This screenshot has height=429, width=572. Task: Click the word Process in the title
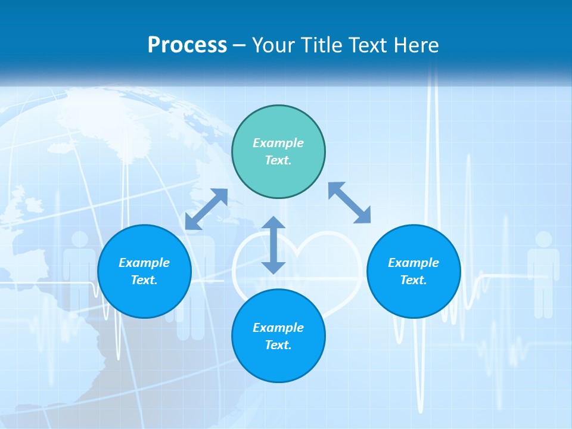click(187, 45)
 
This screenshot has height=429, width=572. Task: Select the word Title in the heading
click(324, 45)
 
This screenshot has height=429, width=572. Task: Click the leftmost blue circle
click(144, 271)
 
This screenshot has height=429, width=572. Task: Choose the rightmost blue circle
click(414, 271)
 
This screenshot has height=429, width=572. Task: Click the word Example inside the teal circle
click(278, 143)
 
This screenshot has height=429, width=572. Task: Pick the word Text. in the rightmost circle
click(414, 280)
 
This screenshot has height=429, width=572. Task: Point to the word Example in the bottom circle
click(278, 328)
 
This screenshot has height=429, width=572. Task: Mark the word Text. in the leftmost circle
click(144, 280)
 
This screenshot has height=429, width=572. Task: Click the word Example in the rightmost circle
click(414, 263)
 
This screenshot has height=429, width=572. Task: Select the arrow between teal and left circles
click(206, 209)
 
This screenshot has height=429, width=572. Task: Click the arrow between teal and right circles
click(350, 203)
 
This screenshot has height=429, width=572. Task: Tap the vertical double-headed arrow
click(273, 245)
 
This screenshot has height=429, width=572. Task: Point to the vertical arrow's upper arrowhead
click(273, 222)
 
